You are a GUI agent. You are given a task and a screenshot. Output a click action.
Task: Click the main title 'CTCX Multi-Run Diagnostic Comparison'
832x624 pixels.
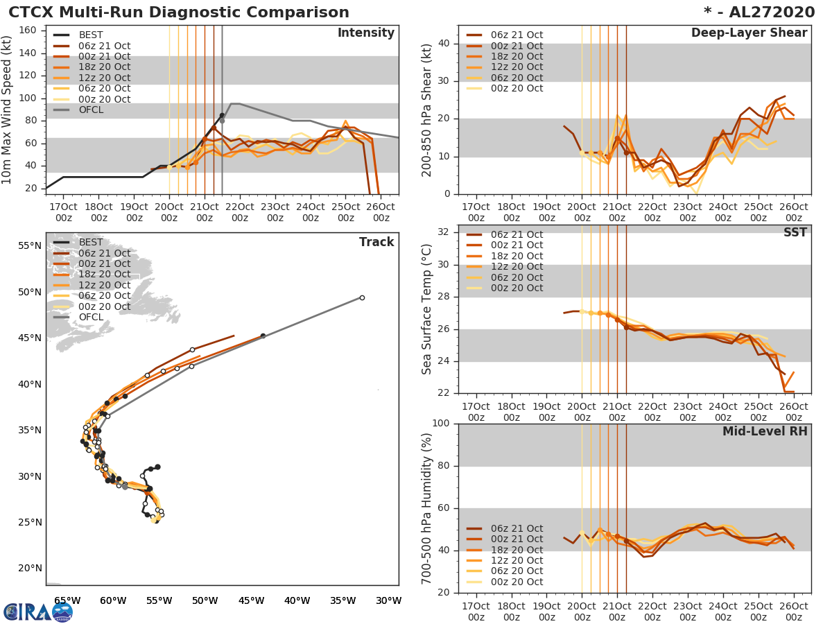click(179, 12)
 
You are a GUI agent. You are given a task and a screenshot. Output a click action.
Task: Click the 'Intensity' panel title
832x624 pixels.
click(365, 33)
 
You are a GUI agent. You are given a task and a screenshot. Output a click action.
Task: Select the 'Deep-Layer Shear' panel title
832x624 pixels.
click(749, 33)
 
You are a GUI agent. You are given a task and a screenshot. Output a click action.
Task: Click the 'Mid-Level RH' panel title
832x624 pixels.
click(765, 431)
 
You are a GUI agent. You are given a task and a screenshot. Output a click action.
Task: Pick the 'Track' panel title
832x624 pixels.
click(376, 242)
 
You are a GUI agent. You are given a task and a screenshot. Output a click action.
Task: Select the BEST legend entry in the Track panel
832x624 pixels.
click(91, 242)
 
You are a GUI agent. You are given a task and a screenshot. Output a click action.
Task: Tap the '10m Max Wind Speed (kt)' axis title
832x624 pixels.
click(8, 107)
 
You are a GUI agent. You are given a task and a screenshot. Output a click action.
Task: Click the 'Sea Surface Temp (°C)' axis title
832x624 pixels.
click(427, 309)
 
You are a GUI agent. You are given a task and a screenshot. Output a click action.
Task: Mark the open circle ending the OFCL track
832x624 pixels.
click(362, 297)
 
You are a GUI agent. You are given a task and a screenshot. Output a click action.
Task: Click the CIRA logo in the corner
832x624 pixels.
click(38, 612)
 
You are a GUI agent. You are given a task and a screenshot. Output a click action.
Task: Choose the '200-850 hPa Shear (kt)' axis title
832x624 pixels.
click(427, 110)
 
